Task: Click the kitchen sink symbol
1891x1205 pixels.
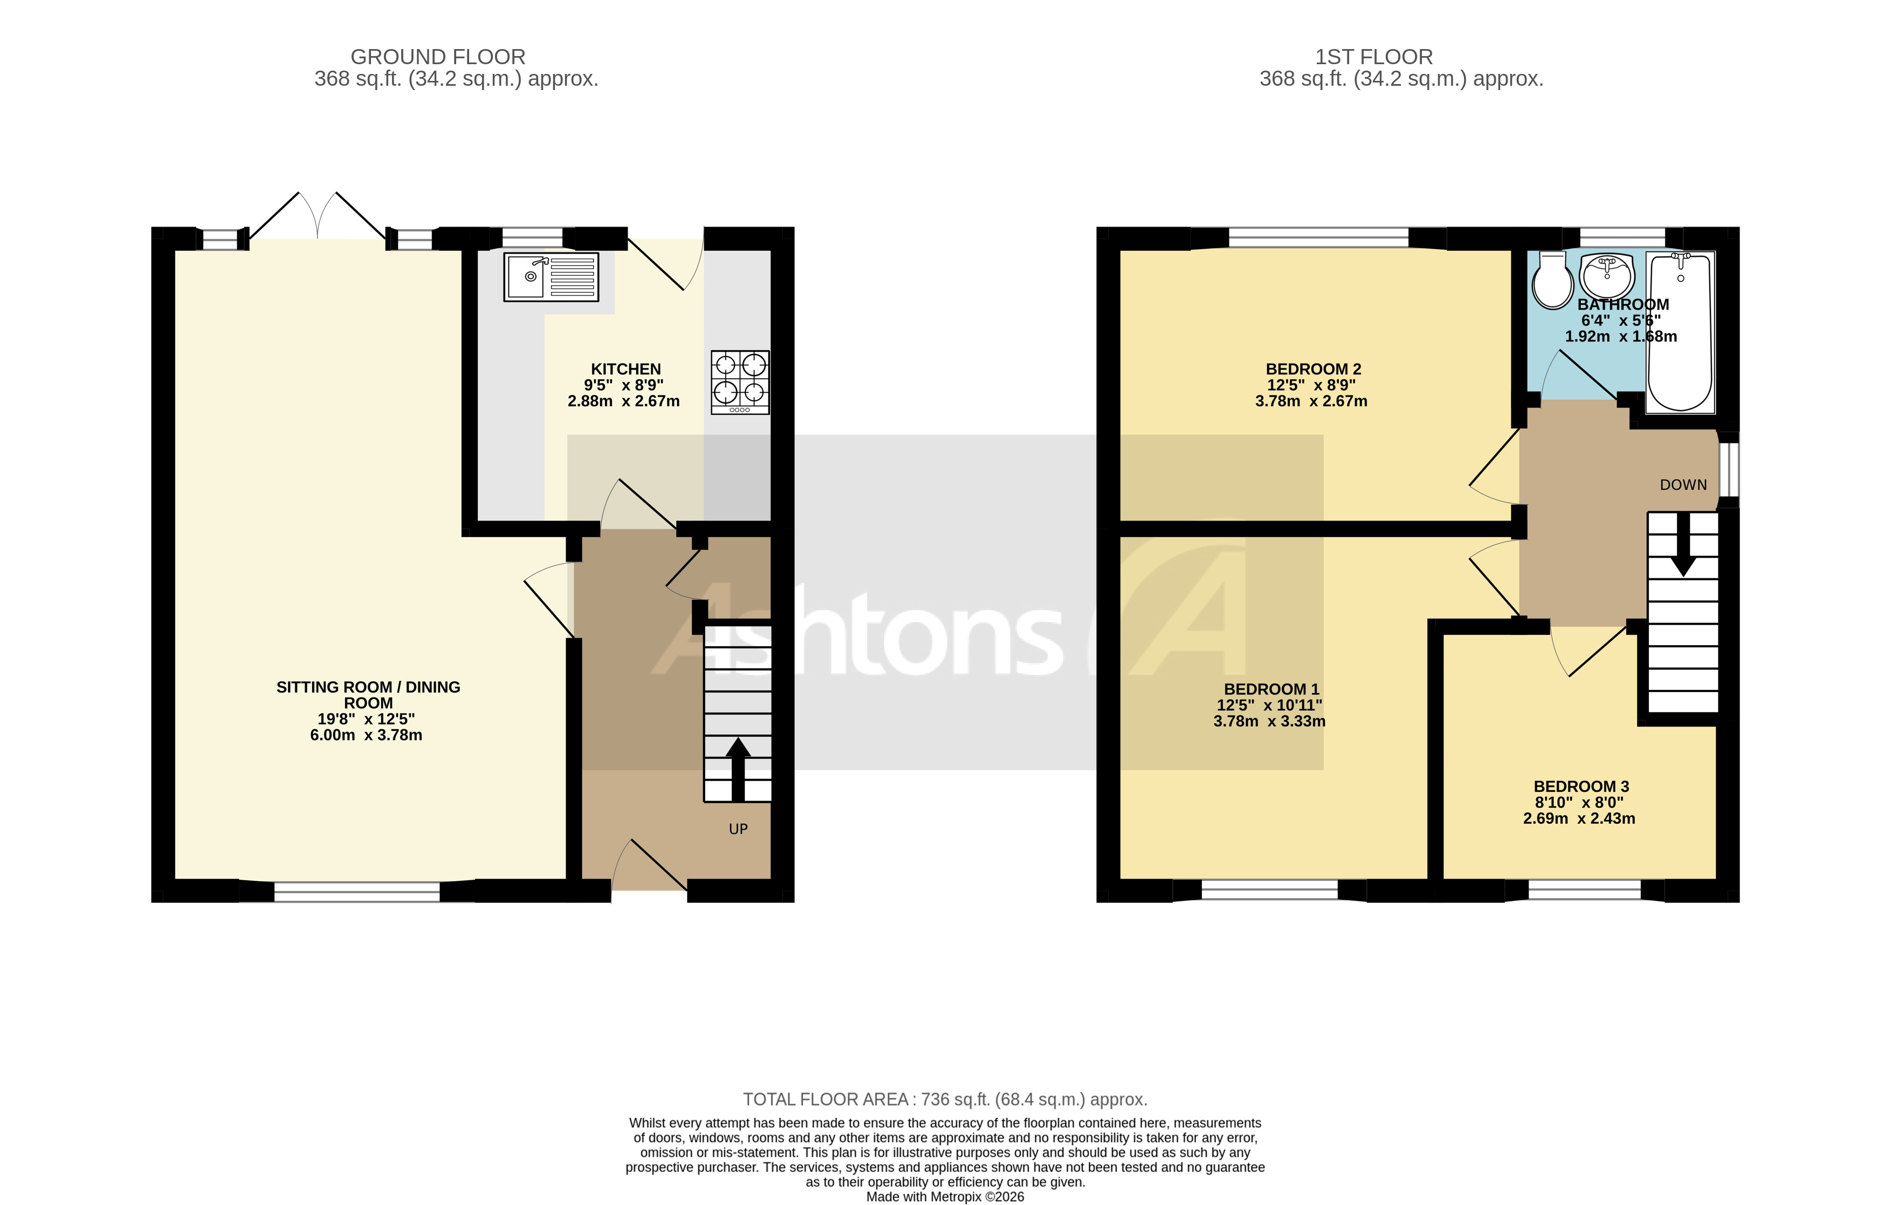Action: (551, 277)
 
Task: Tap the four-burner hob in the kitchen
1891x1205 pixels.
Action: (740, 382)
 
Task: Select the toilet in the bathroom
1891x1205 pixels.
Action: (1552, 280)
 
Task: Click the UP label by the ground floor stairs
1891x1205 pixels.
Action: (738, 829)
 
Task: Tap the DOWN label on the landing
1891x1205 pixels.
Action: (1683, 485)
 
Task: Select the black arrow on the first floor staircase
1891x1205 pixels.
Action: (1683, 544)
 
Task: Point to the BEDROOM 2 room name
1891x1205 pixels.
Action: (1313, 368)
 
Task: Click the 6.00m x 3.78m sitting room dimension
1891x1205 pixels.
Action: (366, 735)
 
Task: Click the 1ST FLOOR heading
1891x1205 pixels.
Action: (1373, 57)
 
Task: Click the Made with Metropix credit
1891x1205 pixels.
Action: (945, 1196)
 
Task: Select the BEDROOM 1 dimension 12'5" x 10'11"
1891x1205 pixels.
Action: (1269, 706)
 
